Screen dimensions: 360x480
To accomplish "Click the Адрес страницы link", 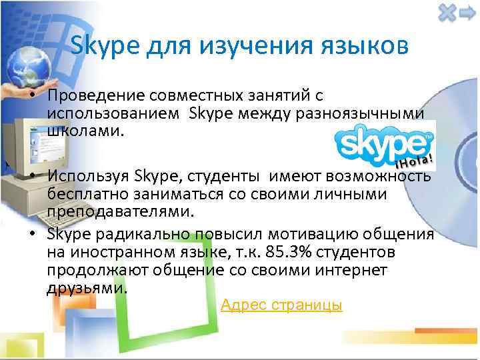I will [281, 305].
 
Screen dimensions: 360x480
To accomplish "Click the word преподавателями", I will [120, 211].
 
